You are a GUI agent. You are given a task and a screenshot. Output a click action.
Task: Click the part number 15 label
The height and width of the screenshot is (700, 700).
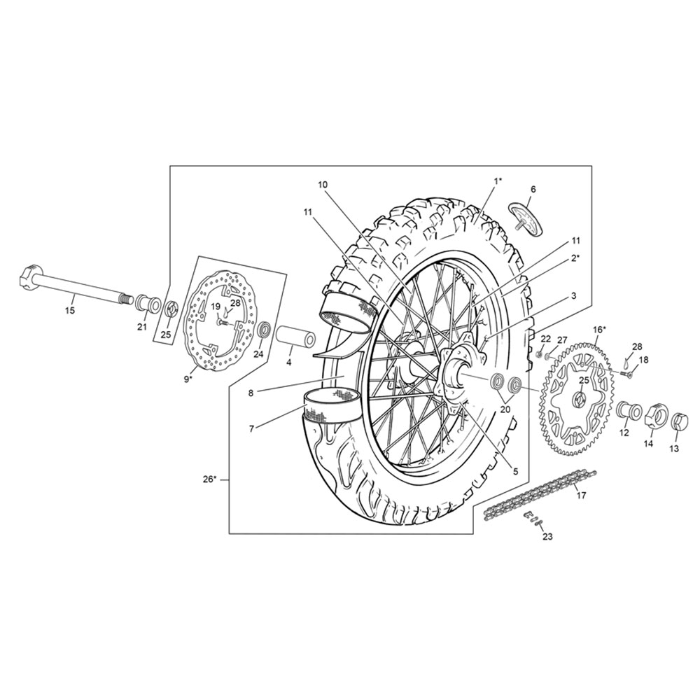click(x=70, y=311)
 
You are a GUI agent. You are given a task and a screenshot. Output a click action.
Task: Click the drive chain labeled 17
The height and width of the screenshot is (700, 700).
click(x=540, y=492)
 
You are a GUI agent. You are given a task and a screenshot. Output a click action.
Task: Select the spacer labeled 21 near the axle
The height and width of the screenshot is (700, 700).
click(x=147, y=303)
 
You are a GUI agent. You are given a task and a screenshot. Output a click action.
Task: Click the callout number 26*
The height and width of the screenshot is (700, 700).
click(x=209, y=479)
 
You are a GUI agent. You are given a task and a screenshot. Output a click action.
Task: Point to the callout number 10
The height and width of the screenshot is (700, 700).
click(x=323, y=184)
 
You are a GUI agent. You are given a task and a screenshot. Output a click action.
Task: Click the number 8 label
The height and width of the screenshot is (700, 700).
click(x=251, y=393)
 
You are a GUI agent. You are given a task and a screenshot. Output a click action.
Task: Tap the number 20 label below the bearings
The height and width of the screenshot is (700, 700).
click(x=505, y=409)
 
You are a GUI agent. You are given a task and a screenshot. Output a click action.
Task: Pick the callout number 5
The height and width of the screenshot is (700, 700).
click(x=516, y=471)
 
